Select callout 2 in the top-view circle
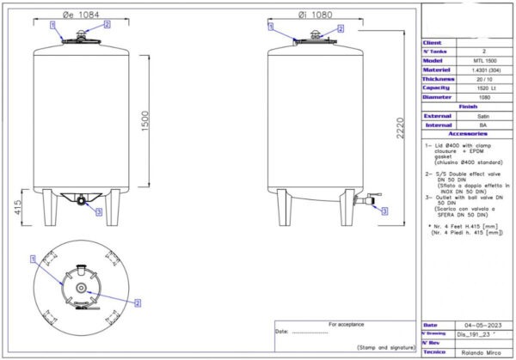click(138, 303)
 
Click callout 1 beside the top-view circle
click(33, 259)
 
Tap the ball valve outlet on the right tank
click(375, 204)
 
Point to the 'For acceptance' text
click(347, 324)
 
